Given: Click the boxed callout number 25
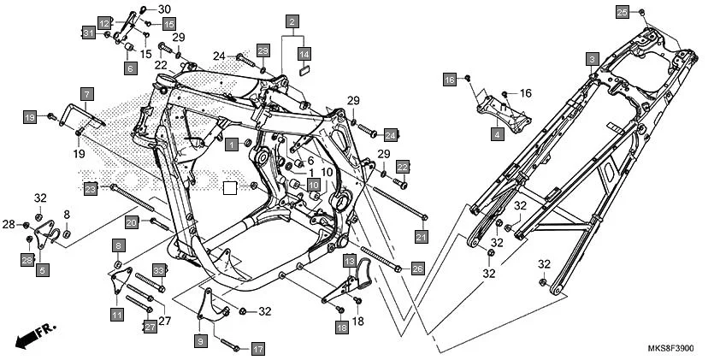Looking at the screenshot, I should [623, 11].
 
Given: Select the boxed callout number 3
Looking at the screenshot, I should [591, 58].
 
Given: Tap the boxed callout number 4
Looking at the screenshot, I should [497, 134].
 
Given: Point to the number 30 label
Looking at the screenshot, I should [164, 9].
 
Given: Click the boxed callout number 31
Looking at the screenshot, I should [87, 32].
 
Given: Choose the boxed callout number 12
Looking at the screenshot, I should [104, 23].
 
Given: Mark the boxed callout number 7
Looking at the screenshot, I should [86, 93].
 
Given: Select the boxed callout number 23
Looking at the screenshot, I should [91, 188].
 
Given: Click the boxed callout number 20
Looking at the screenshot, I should [131, 222].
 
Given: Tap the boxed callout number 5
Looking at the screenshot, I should [43, 270].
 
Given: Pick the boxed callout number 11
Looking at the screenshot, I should [116, 314].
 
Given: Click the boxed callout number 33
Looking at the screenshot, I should [158, 270].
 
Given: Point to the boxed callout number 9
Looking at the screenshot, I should [201, 341].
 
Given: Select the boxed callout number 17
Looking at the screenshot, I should [257, 349].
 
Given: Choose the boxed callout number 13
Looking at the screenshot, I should [350, 260].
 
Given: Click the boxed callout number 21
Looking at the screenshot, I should [421, 236].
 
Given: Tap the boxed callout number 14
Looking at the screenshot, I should [304, 53].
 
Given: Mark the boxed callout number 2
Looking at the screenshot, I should [292, 21].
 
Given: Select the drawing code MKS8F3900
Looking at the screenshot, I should [671, 350].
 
